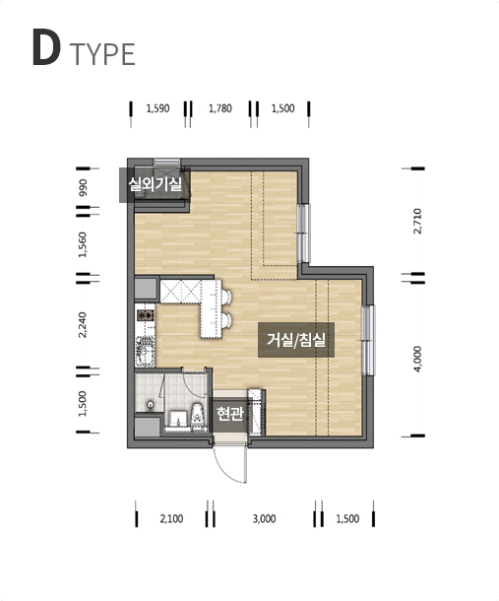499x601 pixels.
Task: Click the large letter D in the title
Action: pos(46,46)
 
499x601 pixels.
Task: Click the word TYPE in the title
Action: pos(102,54)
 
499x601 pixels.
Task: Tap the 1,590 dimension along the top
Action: pos(157,108)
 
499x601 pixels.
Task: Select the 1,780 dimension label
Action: pos(220,108)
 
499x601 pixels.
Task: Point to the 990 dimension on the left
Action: pos(83,188)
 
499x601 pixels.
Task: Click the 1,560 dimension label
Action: pos(83,244)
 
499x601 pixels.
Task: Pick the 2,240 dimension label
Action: pos(83,325)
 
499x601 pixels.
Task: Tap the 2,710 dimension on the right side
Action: pos(417,221)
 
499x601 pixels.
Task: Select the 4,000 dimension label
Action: pos(417,359)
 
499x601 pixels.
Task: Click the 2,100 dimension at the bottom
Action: pos(171,519)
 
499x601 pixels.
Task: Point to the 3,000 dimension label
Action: pos(264,519)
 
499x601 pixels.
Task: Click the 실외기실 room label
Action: pos(156,185)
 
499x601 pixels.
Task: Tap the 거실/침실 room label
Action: pos(296,340)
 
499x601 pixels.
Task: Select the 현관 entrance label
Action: pos(229,413)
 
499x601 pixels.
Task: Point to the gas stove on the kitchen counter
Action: pos(146,315)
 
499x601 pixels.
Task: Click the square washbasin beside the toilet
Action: pos(178,418)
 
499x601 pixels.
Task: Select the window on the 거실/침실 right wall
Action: pos(368,340)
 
